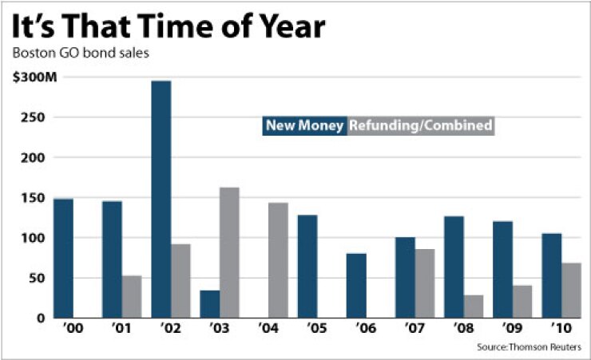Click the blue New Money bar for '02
[161, 199]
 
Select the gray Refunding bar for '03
[229, 252]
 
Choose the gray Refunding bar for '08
[473, 306]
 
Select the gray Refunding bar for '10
[571, 290]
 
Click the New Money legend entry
[305, 125]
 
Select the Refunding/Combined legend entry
[420, 125]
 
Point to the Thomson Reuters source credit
[530, 347]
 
